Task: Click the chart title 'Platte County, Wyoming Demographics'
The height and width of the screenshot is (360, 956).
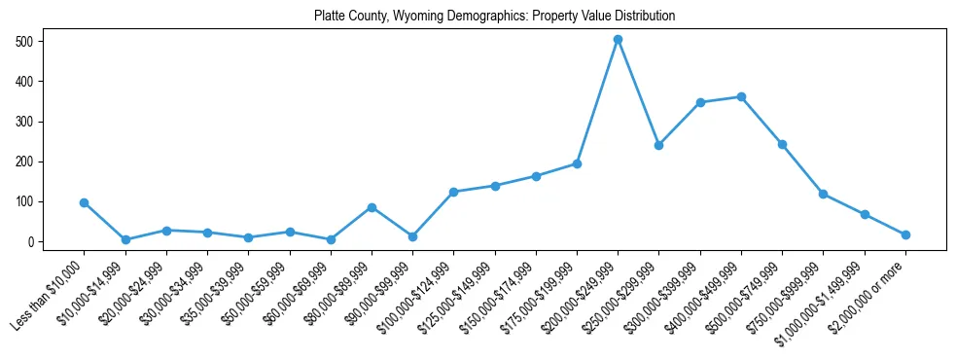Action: tap(494, 17)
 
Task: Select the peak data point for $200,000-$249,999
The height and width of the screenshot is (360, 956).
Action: tap(618, 40)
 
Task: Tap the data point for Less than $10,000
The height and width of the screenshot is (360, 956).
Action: tap(85, 202)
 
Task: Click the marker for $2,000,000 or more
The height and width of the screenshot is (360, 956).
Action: tap(905, 234)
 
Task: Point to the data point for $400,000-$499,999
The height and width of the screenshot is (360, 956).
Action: tap(741, 96)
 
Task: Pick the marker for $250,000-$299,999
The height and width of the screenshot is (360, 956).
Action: tap(658, 145)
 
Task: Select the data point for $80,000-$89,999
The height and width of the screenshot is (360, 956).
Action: tap(372, 207)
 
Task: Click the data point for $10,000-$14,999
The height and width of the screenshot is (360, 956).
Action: tap(125, 239)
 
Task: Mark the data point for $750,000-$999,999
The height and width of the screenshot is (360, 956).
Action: tap(823, 194)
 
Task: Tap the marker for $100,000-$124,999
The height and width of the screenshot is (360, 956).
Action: tap(453, 192)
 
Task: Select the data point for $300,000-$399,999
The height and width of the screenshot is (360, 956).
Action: tap(700, 102)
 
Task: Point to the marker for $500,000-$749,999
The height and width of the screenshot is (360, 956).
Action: tap(782, 144)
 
